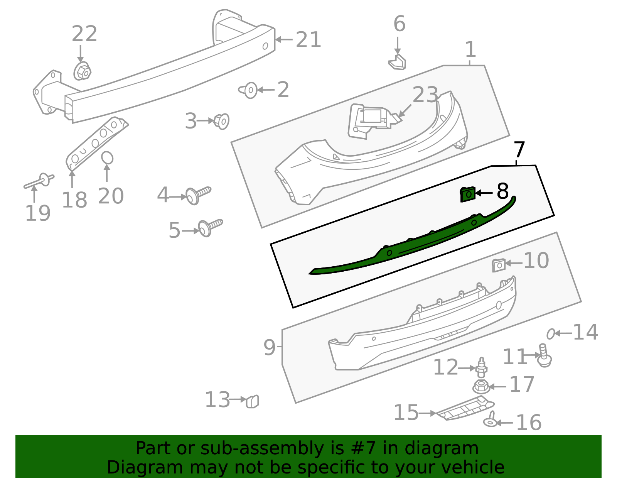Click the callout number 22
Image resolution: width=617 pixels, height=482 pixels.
click(84, 34)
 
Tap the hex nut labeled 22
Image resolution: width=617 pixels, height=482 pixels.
click(82, 71)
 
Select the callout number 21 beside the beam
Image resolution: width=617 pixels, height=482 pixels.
click(308, 40)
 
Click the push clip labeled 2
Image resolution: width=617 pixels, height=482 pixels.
click(250, 90)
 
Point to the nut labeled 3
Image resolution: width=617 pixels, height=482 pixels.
click(222, 121)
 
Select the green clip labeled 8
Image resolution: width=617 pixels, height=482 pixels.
click(468, 194)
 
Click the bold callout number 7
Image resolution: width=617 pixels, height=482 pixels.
click(519, 150)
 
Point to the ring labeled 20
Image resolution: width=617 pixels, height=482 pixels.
click(107, 158)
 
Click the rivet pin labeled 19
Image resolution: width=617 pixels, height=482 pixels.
click(39, 182)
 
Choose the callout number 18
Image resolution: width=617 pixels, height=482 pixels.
click(74, 200)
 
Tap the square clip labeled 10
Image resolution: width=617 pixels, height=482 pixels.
click(499, 265)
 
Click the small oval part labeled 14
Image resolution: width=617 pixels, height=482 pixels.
click(551, 333)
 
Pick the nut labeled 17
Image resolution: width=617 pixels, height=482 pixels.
click(481, 386)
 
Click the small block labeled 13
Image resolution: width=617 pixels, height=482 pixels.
click(252, 401)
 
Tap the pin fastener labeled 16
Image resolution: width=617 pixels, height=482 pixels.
click(491, 420)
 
